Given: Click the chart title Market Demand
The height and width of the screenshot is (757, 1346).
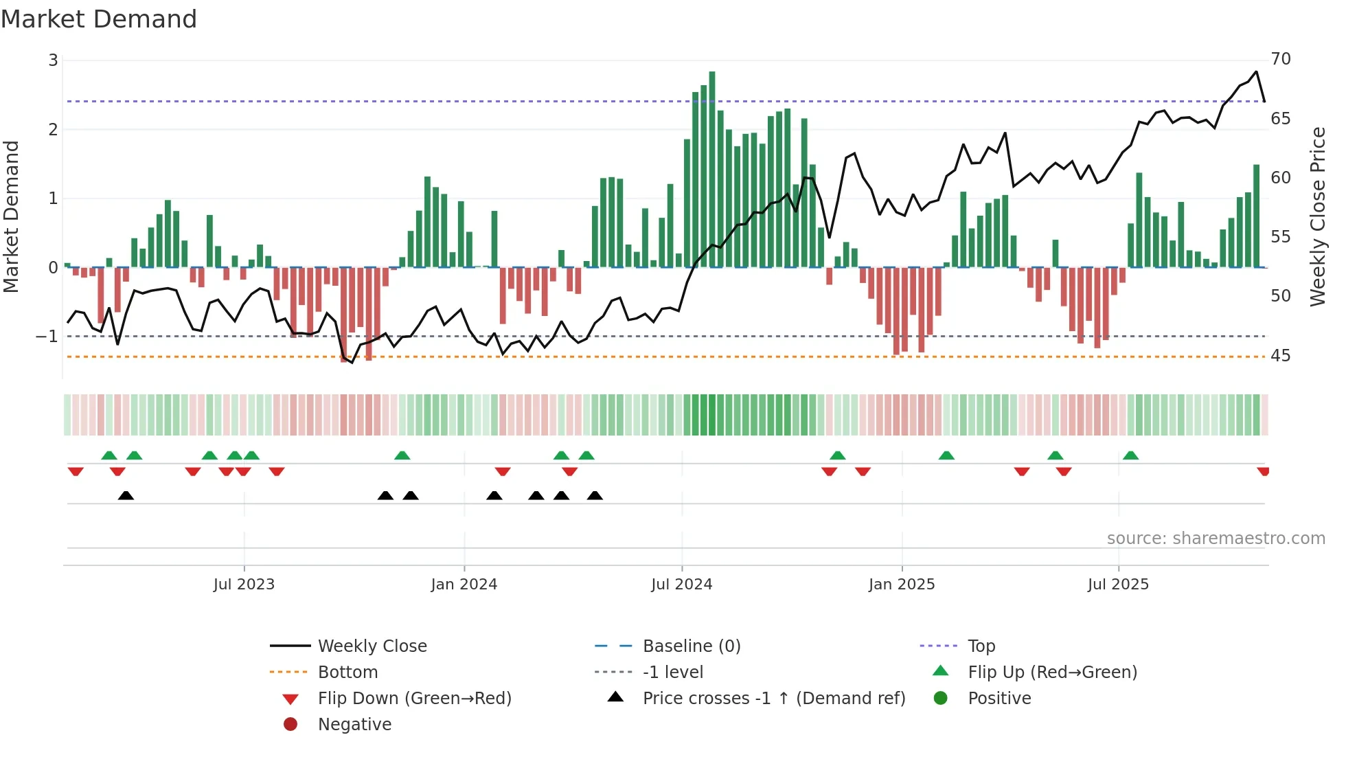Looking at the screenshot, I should (x=99, y=19).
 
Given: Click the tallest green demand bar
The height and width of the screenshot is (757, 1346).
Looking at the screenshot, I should (x=712, y=168).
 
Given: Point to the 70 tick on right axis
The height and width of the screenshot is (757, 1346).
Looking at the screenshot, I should (x=1281, y=59).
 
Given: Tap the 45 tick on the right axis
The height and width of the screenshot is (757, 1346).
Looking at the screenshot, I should (x=1281, y=356).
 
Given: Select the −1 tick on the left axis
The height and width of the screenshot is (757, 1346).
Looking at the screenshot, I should (x=47, y=337).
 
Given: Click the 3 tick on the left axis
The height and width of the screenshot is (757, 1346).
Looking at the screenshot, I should (x=53, y=60).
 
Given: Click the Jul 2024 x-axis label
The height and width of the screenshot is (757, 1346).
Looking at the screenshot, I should (x=681, y=585).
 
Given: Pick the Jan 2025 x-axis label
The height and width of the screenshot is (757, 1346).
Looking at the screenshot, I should (x=901, y=585).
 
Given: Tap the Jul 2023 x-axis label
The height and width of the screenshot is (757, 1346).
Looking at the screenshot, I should (x=244, y=585).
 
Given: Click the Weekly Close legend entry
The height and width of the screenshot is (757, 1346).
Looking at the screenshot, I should (x=372, y=646).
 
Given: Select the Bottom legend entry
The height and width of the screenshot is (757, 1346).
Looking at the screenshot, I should (x=347, y=673).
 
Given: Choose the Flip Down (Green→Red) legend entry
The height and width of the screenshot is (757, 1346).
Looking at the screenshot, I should (x=414, y=699).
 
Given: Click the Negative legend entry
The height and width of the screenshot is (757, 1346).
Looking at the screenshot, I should (x=354, y=725).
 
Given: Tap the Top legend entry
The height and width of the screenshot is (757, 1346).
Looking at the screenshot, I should (x=981, y=646).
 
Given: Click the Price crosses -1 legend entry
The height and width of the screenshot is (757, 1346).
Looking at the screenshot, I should (x=773, y=699).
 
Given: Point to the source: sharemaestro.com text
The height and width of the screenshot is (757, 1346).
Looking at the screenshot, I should (x=1216, y=539).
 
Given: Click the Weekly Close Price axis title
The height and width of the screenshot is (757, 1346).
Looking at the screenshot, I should (x=1317, y=216).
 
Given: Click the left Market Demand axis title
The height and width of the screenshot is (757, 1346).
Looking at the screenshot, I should (x=12, y=216).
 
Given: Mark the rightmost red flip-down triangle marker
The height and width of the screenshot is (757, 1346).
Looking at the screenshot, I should (x=1263, y=471).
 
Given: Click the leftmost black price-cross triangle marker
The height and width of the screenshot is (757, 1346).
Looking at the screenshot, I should (x=126, y=495).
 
